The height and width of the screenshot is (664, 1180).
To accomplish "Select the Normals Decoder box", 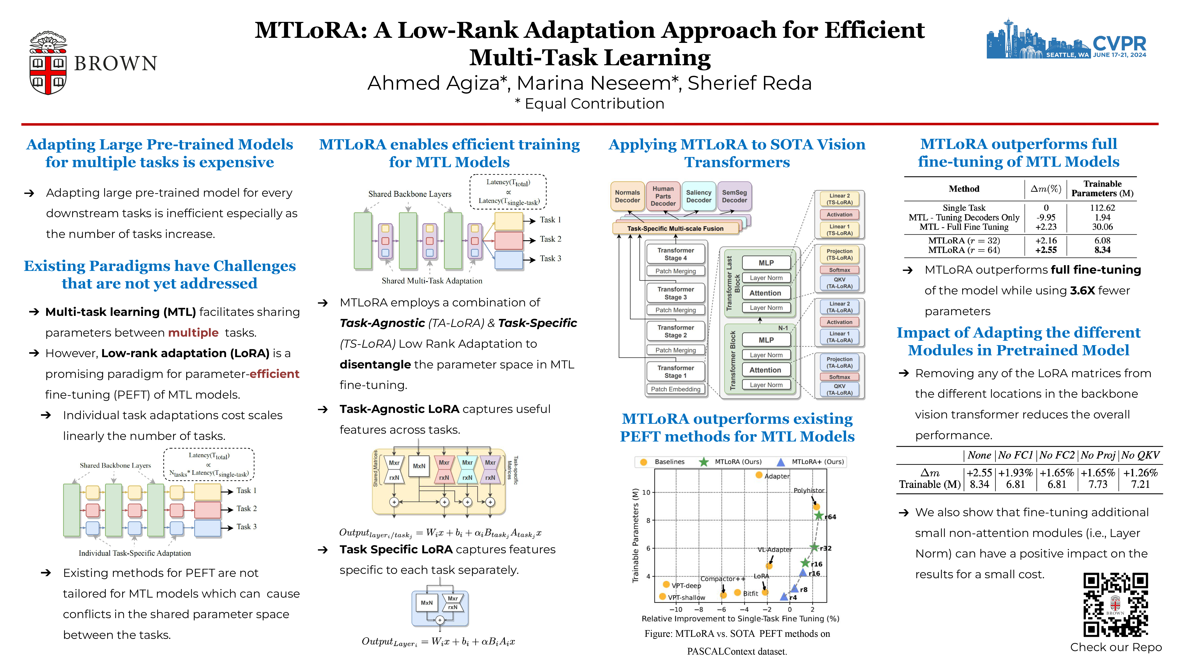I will click(627, 196).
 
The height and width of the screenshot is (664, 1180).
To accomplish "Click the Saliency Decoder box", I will click(699, 196).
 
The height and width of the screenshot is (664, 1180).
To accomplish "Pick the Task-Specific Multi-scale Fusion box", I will click(675, 228).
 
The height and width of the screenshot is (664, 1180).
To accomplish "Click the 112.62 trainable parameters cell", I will click(1102, 207).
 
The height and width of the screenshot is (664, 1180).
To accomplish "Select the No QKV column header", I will click(1141, 455).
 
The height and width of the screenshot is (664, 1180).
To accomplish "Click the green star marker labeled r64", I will click(819, 516).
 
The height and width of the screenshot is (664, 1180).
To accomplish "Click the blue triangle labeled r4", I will click(784, 597).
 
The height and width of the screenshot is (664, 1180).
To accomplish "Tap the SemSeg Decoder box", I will click(734, 196).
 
